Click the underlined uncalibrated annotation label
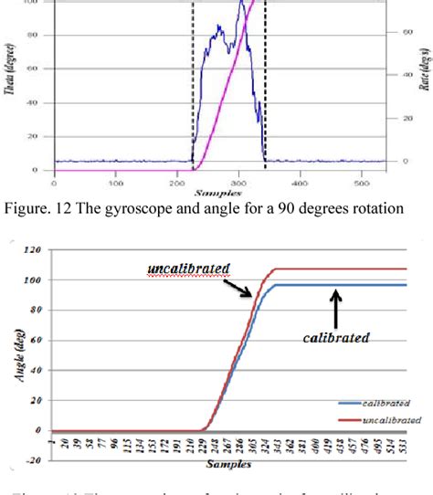187,269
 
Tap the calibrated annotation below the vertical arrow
336,337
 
